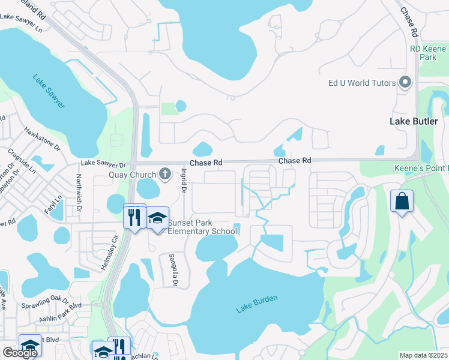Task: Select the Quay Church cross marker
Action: pos(165,175)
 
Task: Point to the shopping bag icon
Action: pos(401,201)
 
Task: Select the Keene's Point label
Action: pos(421,169)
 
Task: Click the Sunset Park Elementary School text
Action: pos(202,227)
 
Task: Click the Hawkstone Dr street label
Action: pos(42,139)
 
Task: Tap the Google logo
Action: pos(19,353)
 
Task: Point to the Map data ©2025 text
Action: pos(423,355)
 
